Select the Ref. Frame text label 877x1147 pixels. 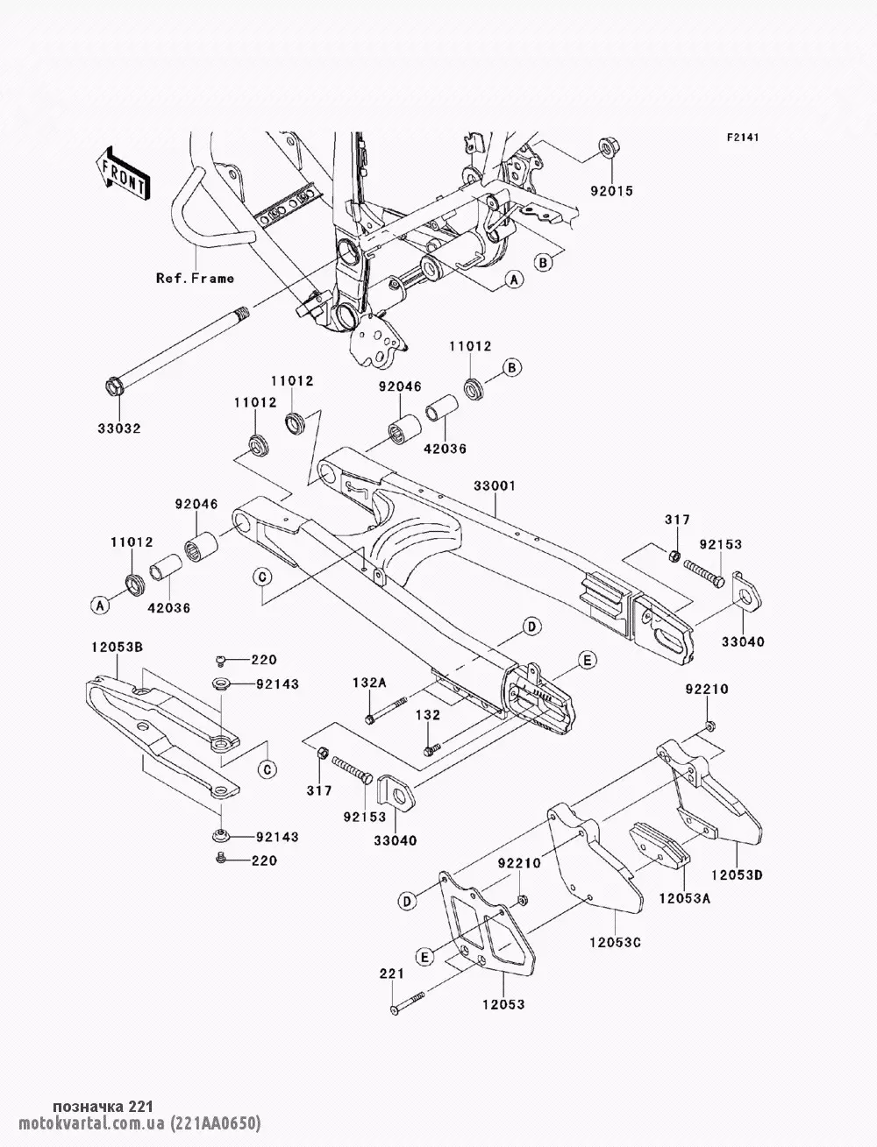click(195, 278)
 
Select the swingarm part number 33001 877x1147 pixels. click(495, 485)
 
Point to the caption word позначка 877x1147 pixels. click(88, 1107)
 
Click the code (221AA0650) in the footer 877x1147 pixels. click(217, 1123)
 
